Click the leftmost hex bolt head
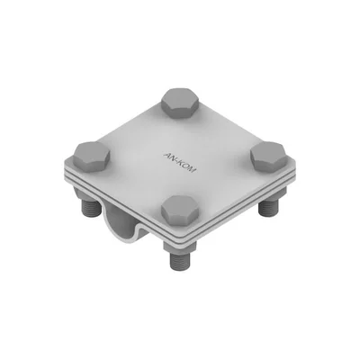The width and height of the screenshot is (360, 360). [90, 155]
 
